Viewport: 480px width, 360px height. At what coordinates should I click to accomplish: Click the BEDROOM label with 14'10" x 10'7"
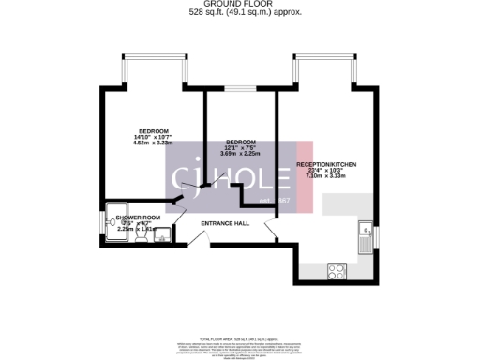pyautogui.click(x=154, y=130)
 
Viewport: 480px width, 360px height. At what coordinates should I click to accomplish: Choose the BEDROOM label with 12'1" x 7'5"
pyautogui.click(x=241, y=142)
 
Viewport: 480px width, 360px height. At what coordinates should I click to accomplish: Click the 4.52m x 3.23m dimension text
pyautogui.click(x=154, y=144)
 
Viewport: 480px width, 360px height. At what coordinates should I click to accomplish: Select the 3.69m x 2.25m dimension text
pyautogui.click(x=241, y=154)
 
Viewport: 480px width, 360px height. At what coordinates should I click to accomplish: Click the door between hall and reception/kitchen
pyautogui.click(x=270, y=228)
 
